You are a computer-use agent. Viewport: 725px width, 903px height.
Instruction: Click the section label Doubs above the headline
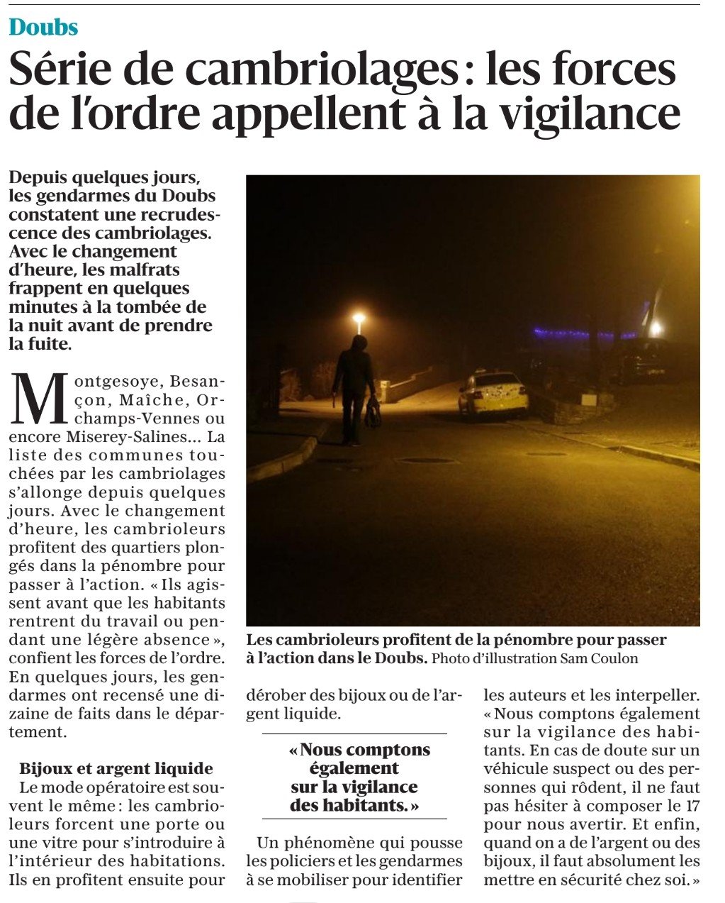[43, 27]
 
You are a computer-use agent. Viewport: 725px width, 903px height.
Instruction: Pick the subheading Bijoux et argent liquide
[116, 768]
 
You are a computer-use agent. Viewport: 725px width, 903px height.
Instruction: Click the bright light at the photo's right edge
[656, 328]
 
